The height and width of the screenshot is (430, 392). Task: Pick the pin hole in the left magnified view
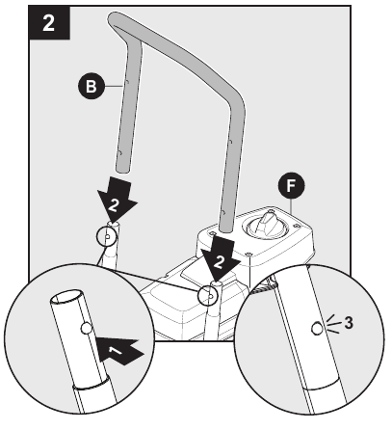(88, 329)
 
